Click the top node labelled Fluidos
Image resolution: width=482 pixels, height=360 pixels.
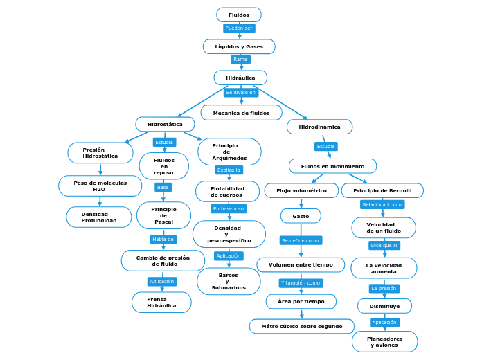239,15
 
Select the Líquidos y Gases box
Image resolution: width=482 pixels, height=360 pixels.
239,46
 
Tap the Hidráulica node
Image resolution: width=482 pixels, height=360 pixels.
240,78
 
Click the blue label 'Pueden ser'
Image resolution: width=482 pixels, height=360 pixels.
239,28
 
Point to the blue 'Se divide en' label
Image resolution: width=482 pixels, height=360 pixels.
240,92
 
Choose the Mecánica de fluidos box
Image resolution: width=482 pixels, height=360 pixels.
241,112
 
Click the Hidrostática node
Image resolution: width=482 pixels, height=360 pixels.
165,124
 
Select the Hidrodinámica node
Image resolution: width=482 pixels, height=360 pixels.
319,127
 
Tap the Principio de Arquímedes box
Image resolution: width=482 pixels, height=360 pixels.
229,152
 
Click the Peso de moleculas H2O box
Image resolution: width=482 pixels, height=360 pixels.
100,186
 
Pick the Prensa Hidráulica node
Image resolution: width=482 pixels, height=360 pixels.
161,302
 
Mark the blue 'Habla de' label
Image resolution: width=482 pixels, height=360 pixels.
163,240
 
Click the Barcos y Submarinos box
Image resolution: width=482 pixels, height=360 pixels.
229,281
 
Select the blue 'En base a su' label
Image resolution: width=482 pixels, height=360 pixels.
229,208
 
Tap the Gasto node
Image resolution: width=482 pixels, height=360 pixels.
301,216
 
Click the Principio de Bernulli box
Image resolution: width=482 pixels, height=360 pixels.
382,190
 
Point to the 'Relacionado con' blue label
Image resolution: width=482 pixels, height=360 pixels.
382,204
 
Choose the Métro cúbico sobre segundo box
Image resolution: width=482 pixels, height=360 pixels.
301,326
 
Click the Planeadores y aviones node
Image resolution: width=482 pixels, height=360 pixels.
384,341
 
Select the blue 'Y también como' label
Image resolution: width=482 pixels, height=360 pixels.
301,283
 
